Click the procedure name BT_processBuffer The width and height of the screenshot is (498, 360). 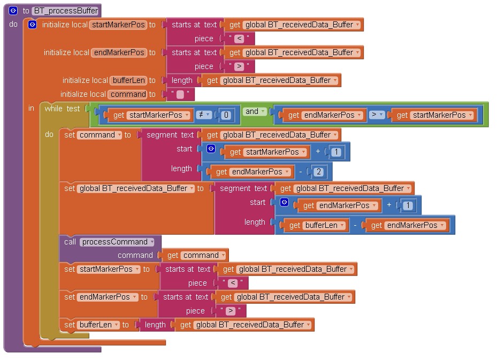coord(65,11)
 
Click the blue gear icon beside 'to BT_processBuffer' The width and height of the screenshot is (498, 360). coord(13,11)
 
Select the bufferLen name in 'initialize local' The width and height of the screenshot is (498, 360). coord(128,80)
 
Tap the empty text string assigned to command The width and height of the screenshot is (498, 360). coord(180,95)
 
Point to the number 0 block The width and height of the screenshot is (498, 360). coord(226,115)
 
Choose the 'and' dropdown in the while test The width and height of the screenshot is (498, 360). coord(255,112)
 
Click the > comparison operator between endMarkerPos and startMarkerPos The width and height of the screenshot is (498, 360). coord(376,115)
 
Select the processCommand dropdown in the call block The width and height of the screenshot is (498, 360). coord(117,242)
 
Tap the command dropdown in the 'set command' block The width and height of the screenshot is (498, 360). coord(100,135)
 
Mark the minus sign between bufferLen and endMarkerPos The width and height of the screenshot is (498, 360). coord(355,225)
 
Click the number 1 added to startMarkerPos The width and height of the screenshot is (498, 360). coord(336,152)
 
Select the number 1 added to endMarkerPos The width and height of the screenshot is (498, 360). coord(408,205)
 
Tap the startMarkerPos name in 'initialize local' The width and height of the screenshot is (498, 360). coord(118,25)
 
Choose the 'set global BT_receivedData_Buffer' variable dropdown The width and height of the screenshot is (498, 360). coord(136,188)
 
